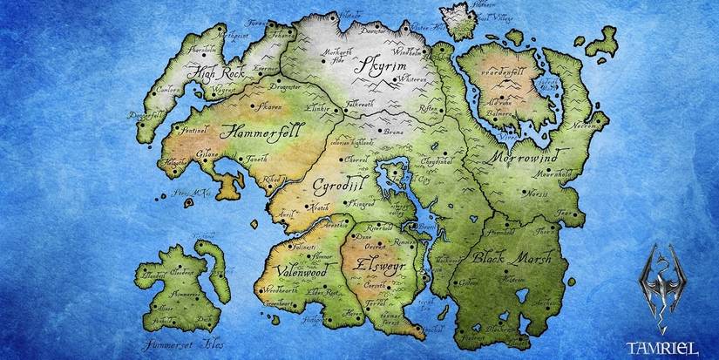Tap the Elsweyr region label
[376, 260]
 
